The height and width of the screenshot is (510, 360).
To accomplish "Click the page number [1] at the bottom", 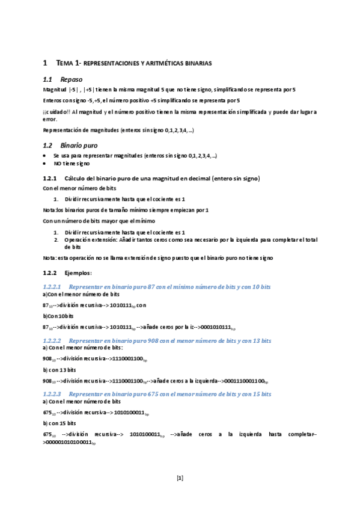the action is click(180, 478).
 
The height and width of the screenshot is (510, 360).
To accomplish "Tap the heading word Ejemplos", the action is click(79, 273).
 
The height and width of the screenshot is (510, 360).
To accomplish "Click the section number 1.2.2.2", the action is click(52, 340).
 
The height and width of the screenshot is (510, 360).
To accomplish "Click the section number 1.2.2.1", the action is click(52, 286).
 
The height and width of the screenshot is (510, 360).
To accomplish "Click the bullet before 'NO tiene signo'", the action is click(45, 163).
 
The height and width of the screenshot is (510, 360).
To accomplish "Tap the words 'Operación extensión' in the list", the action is click(90, 239).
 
